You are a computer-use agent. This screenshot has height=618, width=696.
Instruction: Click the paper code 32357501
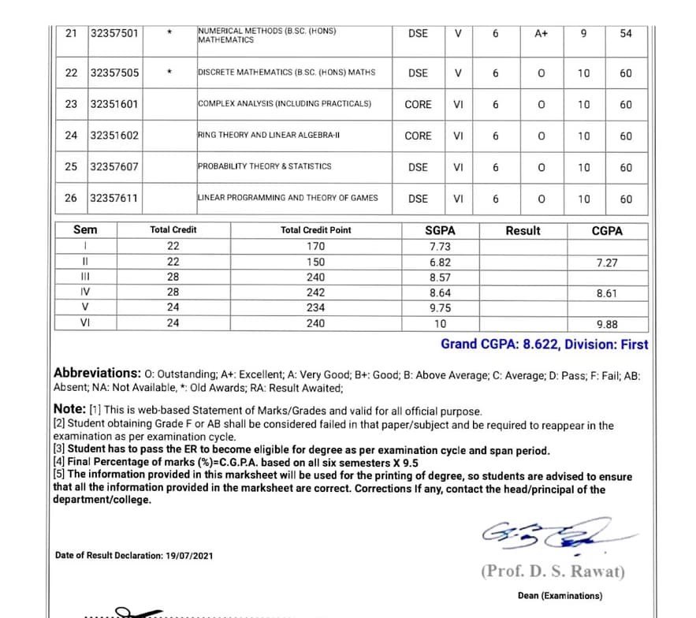(x=114, y=33)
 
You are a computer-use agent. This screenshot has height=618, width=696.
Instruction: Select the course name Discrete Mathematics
(x=286, y=73)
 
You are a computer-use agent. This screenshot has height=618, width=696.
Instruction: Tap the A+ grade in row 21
(x=541, y=34)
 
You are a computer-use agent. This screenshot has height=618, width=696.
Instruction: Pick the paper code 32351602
(x=114, y=136)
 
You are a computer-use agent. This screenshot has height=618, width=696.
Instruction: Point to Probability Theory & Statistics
(x=264, y=167)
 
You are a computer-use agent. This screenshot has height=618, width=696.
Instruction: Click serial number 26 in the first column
(x=71, y=199)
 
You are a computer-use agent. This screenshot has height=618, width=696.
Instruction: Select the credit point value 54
(x=626, y=34)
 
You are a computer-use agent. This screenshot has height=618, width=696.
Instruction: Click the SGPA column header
(x=440, y=230)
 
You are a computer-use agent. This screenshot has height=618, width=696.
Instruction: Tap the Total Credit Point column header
(x=316, y=230)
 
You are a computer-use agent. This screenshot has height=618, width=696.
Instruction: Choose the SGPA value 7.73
(x=440, y=247)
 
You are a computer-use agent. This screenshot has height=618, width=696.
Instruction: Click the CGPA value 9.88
(x=607, y=323)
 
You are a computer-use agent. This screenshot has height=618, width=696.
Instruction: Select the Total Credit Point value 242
(x=316, y=292)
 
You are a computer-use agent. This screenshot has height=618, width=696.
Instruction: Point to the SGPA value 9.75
(x=440, y=307)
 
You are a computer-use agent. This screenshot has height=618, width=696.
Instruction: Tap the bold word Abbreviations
(x=97, y=373)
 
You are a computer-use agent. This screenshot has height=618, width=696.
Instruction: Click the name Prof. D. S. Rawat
(x=553, y=571)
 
